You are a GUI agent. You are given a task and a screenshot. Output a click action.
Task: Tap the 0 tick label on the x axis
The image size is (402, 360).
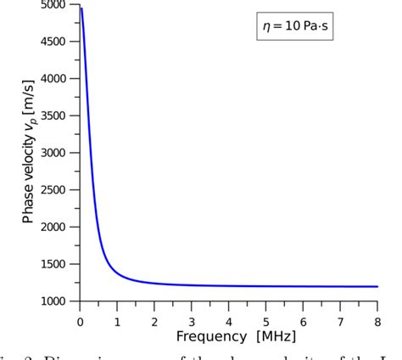[x=80, y=322]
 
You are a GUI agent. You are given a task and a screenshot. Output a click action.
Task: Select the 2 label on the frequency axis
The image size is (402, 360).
[x=154, y=322]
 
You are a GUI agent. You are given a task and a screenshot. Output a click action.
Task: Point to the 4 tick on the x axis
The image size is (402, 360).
[x=228, y=322]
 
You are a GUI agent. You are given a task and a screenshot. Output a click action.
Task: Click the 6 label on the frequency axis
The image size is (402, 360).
[x=303, y=322]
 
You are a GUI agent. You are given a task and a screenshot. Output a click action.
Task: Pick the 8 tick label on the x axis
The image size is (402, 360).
[x=377, y=322]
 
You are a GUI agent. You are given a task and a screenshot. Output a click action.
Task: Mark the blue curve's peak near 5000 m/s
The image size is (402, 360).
[x=81, y=8]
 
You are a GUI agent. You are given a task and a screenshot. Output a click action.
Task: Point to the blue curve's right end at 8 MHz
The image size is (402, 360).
[x=377, y=286]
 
